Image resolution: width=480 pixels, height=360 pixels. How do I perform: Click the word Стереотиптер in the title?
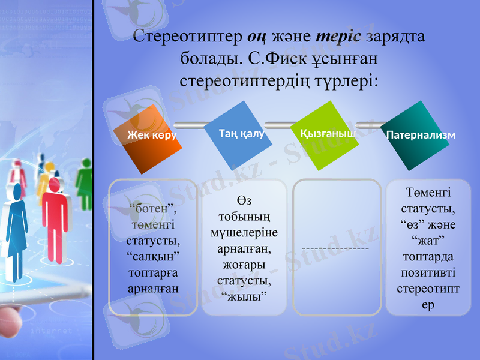[187, 37]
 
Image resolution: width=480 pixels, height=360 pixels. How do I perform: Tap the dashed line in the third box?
[335, 247]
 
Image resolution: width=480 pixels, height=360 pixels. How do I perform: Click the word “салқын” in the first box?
[154, 256]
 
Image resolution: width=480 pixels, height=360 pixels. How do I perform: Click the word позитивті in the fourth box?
[428, 273]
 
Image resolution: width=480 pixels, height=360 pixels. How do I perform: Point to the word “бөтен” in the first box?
[154, 209]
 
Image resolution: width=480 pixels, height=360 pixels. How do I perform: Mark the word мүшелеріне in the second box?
[244, 232]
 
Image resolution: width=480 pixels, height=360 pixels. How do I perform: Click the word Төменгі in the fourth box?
[428, 193]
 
